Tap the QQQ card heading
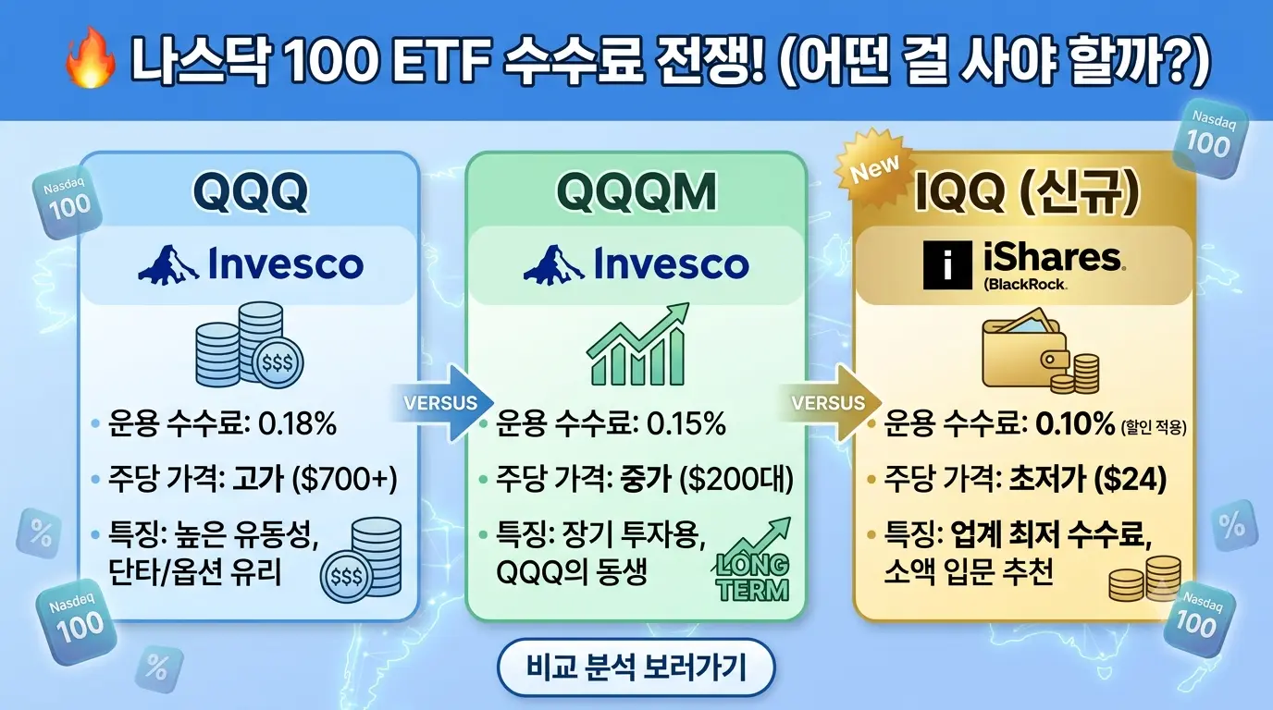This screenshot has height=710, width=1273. (x=251, y=192)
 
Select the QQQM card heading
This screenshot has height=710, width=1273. (x=636, y=192)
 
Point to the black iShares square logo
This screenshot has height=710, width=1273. (x=947, y=265)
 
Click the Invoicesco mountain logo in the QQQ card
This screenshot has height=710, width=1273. (x=168, y=264)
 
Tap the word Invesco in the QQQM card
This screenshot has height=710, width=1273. (x=671, y=264)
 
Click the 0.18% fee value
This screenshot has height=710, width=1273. (x=297, y=423)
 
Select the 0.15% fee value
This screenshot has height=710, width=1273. (x=686, y=423)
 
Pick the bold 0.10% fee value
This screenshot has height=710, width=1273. (x=1075, y=423)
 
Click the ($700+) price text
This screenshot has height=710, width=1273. (x=344, y=479)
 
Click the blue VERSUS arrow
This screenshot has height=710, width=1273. (x=444, y=403)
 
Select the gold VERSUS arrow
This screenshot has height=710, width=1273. (x=831, y=403)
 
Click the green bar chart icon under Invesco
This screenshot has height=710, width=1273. (x=637, y=344)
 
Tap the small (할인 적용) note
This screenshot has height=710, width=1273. (x=1154, y=427)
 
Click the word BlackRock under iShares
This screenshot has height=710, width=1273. (x=1026, y=284)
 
